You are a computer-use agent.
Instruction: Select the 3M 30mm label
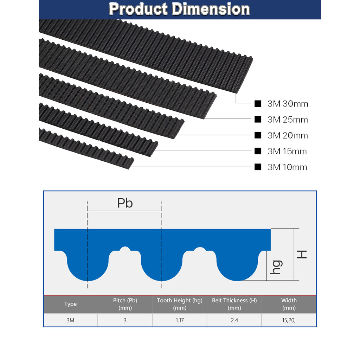point(288,104)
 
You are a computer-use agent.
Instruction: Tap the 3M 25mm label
point(288,120)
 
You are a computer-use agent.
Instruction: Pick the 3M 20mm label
point(288,135)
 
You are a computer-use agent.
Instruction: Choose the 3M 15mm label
point(287,151)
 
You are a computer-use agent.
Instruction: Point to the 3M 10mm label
point(287,167)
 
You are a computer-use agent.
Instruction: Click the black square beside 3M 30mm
point(258,104)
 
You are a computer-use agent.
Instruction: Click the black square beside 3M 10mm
point(258,167)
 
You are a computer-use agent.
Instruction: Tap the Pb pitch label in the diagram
point(125,203)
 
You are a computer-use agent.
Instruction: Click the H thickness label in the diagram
point(302,254)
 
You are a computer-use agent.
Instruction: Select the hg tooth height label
point(276,267)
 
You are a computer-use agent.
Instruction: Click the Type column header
point(70,304)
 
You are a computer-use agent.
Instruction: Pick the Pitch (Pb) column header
point(125,304)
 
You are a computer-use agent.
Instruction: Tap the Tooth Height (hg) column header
point(180,304)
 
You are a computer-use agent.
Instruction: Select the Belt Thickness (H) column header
point(234,304)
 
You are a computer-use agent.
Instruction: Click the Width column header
point(289,304)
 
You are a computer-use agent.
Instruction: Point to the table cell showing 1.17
point(180,320)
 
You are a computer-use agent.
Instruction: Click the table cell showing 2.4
point(234,320)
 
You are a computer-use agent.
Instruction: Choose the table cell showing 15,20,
point(289,320)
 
